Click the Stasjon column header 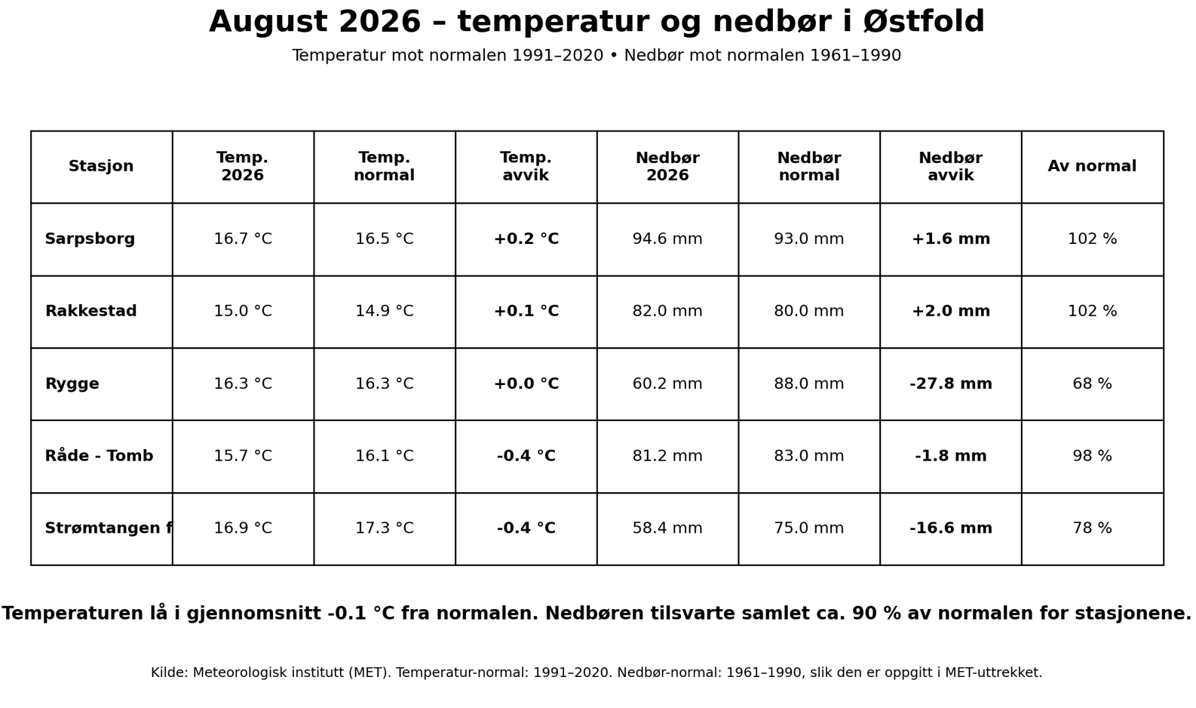[x=101, y=166]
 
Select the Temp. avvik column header [x=526, y=166]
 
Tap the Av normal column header [x=1092, y=166]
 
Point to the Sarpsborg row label [x=90, y=239]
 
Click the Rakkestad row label [x=90, y=311]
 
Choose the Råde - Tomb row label [x=99, y=455]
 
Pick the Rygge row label [x=72, y=384]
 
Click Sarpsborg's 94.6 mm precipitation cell [x=667, y=239]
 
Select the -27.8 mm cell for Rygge [x=950, y=383]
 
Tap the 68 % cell [x=1092, y=383]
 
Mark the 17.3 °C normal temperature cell [x=385, y=528]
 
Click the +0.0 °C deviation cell [x=526, y=383]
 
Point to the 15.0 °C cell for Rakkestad [x=243, y=311]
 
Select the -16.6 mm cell [x=950, y=528]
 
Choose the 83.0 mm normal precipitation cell [x=809, y=456]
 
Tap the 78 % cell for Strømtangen [x=1092, y=528]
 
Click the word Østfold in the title [x=925, y=22]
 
